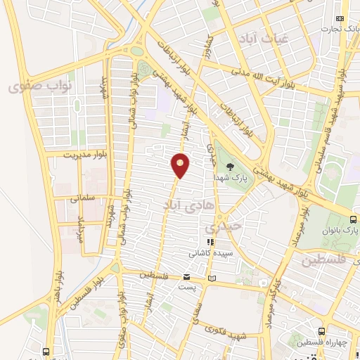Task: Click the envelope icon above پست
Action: click(186, 276)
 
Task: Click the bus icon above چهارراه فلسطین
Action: click(321, 331)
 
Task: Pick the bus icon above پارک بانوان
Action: click(354, 219)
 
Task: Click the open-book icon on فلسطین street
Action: click(212, 279)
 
